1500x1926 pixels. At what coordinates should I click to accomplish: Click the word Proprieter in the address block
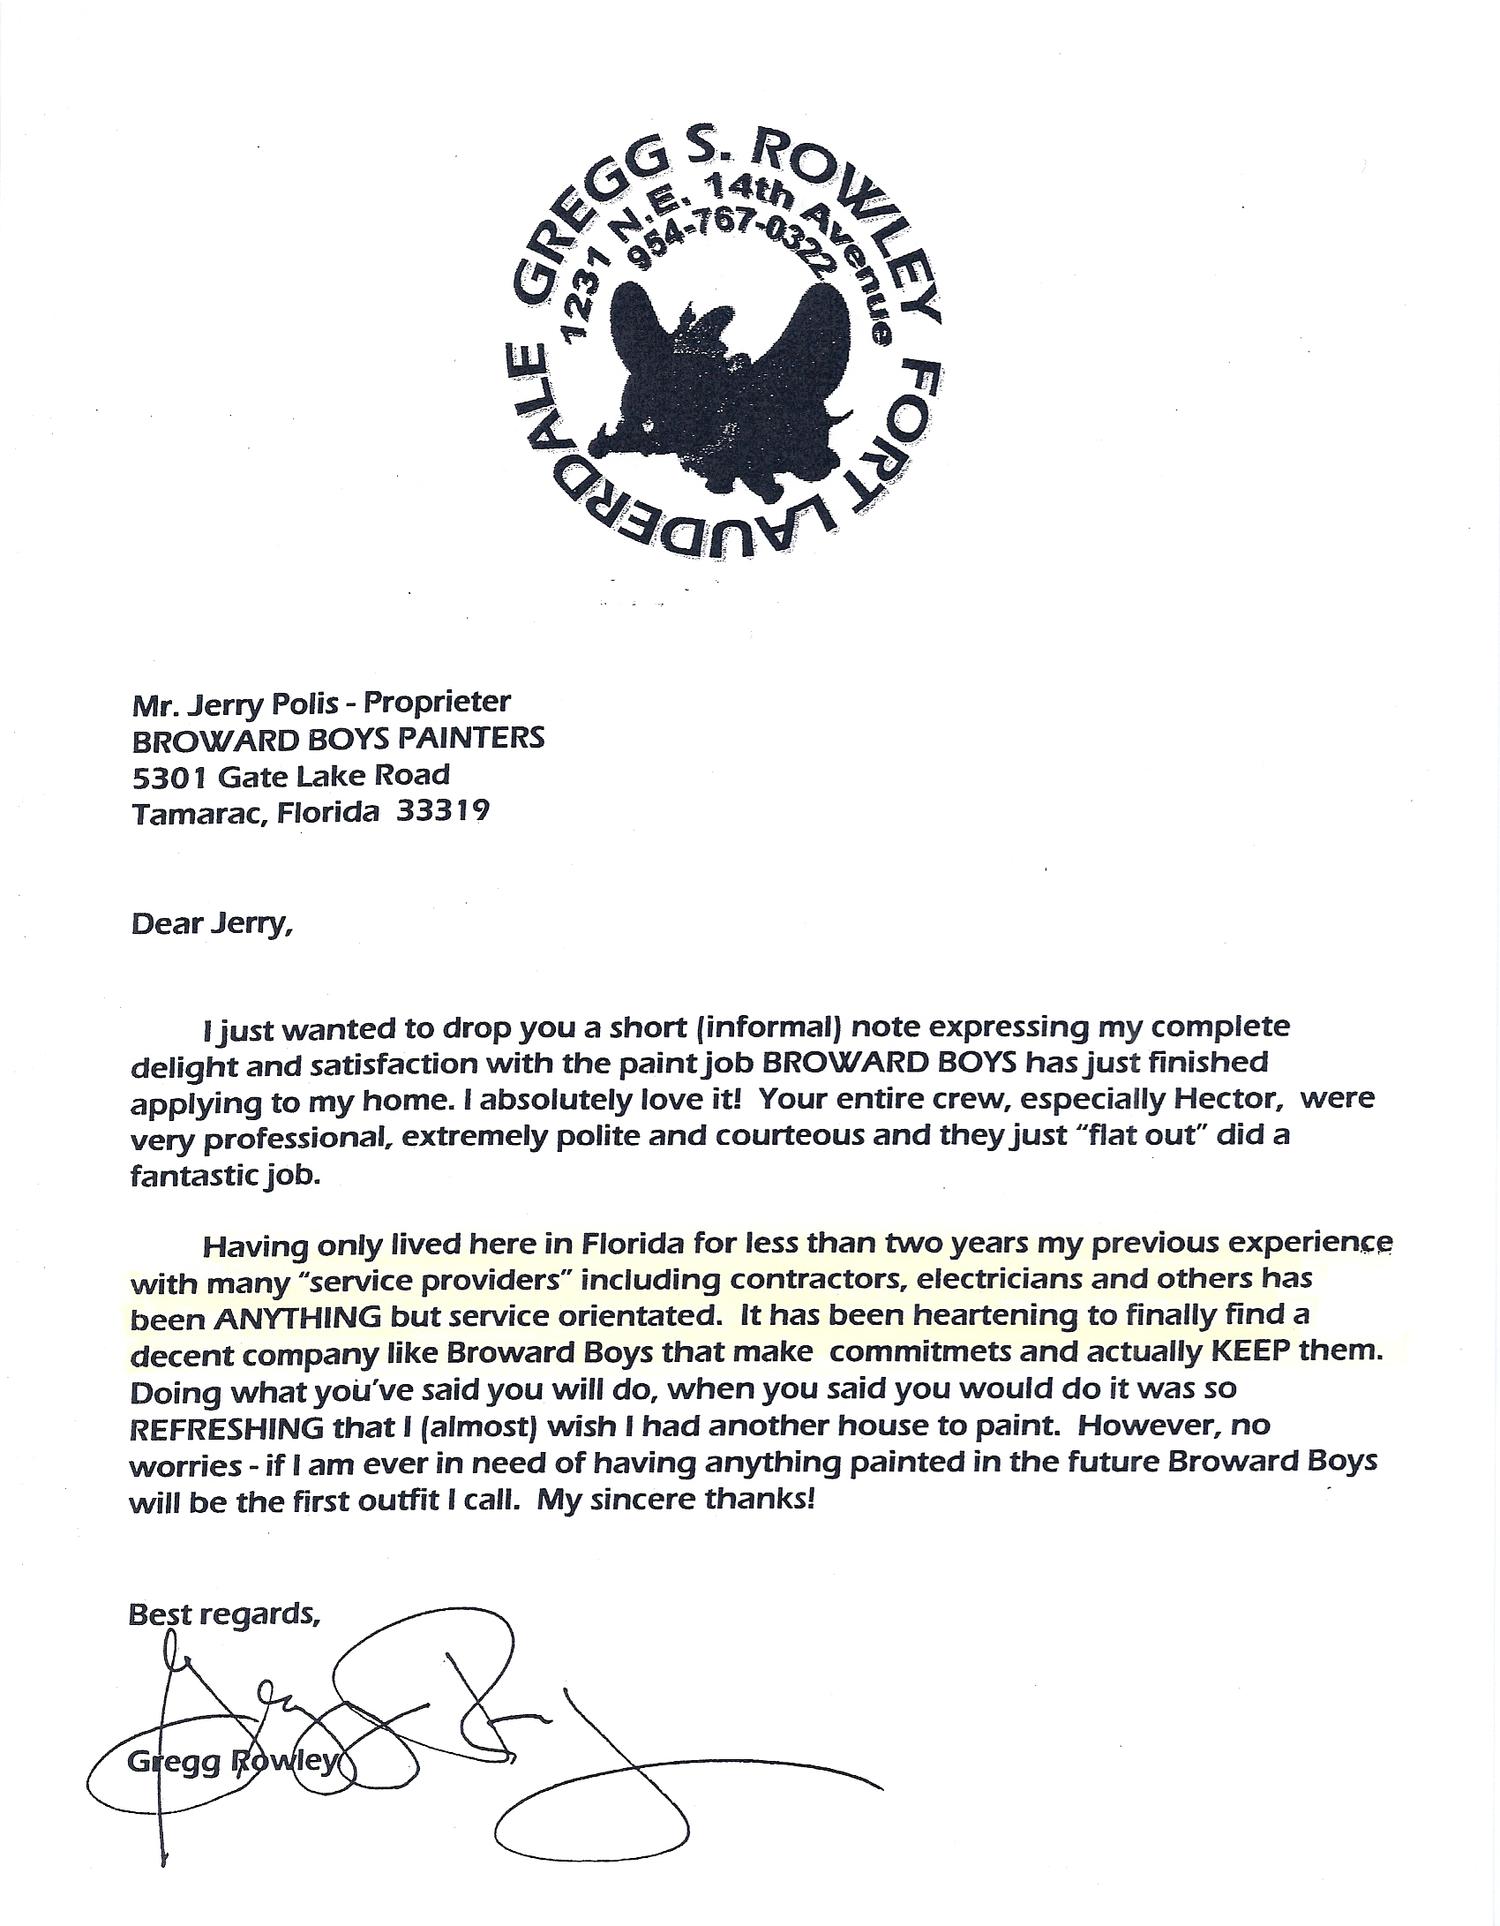coord(438,703)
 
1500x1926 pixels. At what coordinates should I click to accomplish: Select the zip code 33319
coord(443,810)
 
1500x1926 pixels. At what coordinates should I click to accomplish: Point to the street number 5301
coord(168,775)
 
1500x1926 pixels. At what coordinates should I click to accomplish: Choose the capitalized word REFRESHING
coord(226,1426)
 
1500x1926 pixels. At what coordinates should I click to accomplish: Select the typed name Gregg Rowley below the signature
coord(231,1761)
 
